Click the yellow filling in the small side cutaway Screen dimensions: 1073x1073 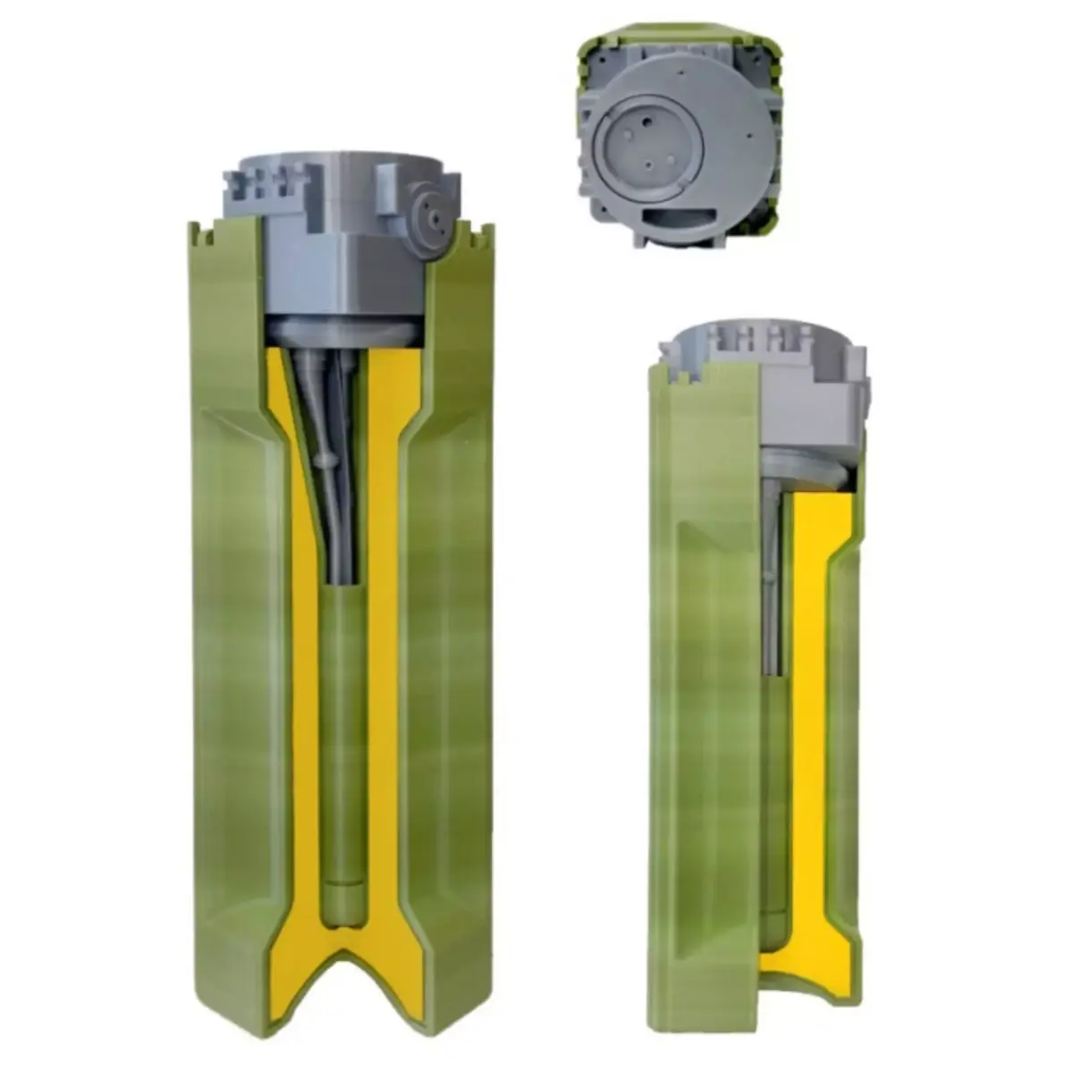809,626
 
